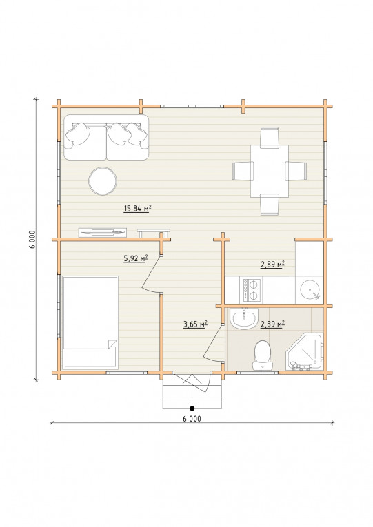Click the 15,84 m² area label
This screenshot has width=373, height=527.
point(138,209)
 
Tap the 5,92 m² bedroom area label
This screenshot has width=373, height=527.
point(137,258)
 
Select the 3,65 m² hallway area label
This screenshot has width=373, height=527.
point(195,324)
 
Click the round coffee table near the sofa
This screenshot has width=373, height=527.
point(103,181)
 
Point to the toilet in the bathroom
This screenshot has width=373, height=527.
point(262,355)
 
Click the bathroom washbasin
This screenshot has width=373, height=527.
point(244,319)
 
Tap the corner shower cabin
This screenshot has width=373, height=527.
point(305,352)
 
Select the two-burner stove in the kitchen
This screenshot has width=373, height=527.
point(251,290)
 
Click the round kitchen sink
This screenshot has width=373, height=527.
point(310,290)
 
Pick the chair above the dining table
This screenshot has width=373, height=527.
point(270,138)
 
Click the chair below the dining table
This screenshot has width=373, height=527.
point(270,205)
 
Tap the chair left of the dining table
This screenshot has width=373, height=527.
point(243,171)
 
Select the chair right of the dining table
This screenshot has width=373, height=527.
point(296,171)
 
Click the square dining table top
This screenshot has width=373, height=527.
point(270,171)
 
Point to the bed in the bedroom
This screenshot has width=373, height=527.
point(90,322)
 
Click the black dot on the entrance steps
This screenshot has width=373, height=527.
point(192,409)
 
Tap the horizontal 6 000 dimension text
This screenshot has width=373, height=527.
point(192,419)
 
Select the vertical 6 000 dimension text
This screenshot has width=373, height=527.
point(32,239)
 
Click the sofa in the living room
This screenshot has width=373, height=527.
point(106,138)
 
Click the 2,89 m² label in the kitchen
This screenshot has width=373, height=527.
point(273,265)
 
